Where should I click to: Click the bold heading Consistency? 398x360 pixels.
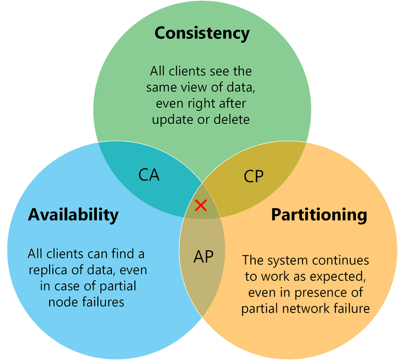click(202, 34)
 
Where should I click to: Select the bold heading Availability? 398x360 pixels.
click(73, 215)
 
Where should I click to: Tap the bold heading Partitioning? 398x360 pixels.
click(319, 215)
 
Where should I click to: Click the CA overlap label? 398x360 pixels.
click(149, 175)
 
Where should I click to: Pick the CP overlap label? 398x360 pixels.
click(254, 176)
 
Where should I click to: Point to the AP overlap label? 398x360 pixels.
click(203, 256)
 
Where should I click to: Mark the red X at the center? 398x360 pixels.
click(201, 205)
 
